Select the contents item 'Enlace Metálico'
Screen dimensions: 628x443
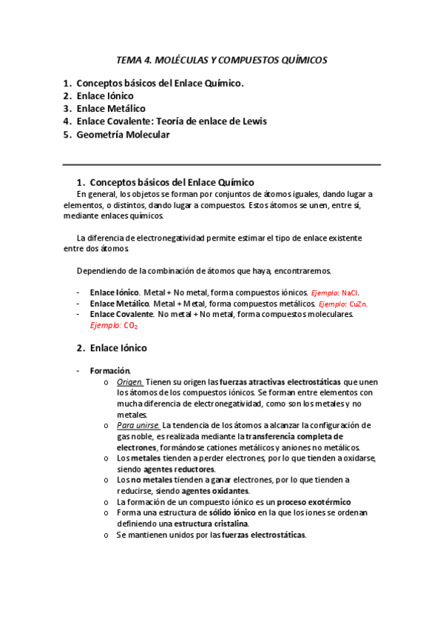pos(110,109)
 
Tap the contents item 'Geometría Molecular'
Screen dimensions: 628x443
pos(123,135)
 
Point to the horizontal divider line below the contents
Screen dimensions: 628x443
pos(222,164)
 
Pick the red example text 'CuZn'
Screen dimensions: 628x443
pos(359,304)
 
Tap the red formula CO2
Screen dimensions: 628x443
pos(130,325)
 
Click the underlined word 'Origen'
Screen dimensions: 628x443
pos(130,381)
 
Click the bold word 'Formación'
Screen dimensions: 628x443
pos(110,370)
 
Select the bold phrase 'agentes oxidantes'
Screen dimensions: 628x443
pos(215,491)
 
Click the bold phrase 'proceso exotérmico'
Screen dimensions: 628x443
pos(314,502)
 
